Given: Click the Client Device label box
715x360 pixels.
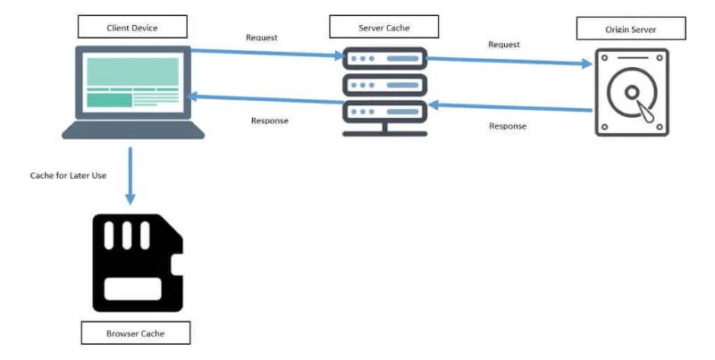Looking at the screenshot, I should click(133, 26).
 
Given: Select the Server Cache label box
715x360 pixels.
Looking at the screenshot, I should click(384, 27).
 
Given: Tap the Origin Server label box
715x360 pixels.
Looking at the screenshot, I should click(630, 29).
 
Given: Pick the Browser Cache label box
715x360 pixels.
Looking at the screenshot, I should click(136, 333).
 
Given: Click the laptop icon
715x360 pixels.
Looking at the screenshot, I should click(133, 93).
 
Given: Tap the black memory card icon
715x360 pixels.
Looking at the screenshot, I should click(136, 263).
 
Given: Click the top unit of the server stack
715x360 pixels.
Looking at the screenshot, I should click(385, 59).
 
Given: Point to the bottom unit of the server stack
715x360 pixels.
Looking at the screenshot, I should click(385, 113).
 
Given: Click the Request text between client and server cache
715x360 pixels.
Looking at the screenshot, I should click(261, 38).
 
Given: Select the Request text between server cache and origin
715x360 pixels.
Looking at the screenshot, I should click(504, 44).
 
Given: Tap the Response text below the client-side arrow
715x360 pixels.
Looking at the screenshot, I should click(269, 121).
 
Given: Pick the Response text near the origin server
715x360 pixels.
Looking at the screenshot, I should click(508, 126).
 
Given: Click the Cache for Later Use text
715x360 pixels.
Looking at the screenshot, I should click(68, 175).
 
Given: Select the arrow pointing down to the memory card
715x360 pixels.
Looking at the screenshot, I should click(132, 174).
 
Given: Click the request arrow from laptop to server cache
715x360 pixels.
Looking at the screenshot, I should click(268, 54).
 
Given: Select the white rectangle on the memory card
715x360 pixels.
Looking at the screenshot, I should click(132, 288).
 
